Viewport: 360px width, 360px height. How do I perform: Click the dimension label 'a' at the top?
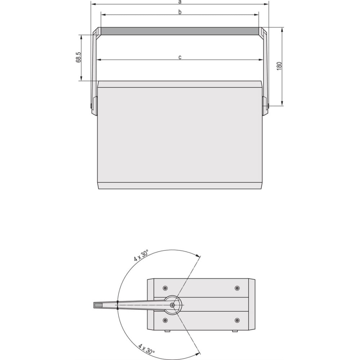tap(180, 2)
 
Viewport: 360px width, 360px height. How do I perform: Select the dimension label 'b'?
tap(180, 12)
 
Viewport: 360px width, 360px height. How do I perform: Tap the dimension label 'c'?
tap(180, 57)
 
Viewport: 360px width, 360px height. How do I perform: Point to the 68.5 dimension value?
tap(78, 57)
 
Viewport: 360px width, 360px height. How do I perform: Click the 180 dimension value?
tap(279, 66)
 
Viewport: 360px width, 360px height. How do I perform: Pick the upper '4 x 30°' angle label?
tap(141, 255)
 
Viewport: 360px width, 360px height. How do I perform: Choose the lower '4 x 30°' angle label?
tap(147, 349)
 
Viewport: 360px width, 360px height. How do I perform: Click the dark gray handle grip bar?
tap(180, 31)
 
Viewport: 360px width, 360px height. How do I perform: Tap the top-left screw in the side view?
tap(165, 288)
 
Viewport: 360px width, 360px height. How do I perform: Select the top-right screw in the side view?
tap(237, 288)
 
